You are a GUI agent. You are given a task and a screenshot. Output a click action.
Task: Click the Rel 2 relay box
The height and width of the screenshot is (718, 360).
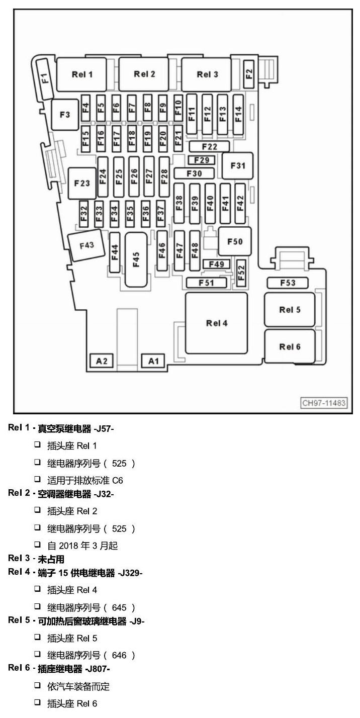tap(143, 74)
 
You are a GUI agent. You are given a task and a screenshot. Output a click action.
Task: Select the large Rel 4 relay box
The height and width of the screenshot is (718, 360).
tap(216, 323)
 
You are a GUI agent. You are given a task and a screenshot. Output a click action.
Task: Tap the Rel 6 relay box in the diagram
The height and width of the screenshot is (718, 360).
tap(290, 346)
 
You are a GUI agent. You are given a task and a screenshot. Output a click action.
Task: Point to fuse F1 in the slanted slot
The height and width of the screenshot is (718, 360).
tap(45, 78)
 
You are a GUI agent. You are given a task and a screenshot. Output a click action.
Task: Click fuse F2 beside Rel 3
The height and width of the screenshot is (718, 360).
tap(249, 74)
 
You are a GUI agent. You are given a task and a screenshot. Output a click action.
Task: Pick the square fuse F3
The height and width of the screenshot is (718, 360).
tap(65, 115)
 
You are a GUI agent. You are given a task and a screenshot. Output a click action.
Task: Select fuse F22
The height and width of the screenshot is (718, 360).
tap(209, 146)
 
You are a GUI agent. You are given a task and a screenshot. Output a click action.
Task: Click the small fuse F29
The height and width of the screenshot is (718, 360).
tap(201, 159)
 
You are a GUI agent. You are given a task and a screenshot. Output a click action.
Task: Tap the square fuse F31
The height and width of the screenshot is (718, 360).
tap(237, 166)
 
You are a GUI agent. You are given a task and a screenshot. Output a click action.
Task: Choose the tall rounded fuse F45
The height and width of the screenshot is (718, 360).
tap(136, 259)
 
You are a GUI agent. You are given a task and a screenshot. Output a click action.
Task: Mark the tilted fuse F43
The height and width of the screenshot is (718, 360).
tap(86, 245)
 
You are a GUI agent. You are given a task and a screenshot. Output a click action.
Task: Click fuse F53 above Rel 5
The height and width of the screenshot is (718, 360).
tap(288, 283)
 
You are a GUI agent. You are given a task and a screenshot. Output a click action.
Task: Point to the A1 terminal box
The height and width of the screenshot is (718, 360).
tap(153, 361)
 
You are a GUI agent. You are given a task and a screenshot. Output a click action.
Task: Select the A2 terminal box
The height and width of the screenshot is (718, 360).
tap(101, 361)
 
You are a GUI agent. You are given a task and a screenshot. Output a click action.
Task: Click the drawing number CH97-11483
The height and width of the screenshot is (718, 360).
tap(324, 403)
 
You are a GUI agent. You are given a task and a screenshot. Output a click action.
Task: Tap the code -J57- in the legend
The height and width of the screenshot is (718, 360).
tap(104, 428)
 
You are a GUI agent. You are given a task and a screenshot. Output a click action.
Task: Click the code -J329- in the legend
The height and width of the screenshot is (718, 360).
tap(130, 573)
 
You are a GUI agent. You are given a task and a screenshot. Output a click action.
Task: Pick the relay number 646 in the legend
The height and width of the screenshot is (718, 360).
tap(119, 655)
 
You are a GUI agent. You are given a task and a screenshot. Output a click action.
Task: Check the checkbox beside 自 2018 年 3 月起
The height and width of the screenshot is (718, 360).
tap(38, 544)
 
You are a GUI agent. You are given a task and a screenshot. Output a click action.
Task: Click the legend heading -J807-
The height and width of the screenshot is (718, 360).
tap(98, 669)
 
